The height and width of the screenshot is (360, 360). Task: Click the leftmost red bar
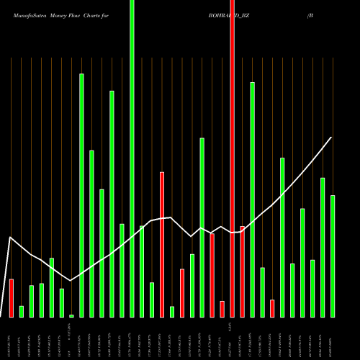(x=12, y=297)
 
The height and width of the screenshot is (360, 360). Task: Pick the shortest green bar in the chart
(x=71, y=315)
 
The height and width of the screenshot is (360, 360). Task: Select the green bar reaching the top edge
(x=132, y=158)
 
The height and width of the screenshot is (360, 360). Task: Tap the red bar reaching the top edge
(x=232, y=158)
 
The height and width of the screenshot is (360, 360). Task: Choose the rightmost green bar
(x=333, y=256)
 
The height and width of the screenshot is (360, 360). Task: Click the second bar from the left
(x=22, y=311)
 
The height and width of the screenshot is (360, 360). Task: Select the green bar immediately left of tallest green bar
(x=122, y=270)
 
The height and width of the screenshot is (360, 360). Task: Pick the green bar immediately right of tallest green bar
(x=142, y=271)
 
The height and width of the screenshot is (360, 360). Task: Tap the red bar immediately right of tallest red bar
(x=242, y=271)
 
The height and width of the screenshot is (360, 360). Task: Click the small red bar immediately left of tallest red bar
(x=222, y=309)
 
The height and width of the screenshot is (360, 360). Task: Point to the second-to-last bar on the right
(x=323, y=247)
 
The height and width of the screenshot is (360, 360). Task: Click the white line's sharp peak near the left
(x=10, y=237)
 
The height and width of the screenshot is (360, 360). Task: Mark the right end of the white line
(x=332, y=137)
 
